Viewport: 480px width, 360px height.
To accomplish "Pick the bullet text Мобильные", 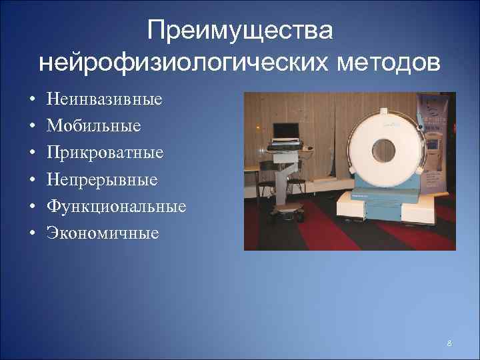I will pyautogui.click(x=94, y=127).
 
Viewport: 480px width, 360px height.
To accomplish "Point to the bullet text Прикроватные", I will pyautogui.click(x=105, y=153).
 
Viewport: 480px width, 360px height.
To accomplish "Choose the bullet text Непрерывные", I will pyautogui.click(x=102, y=180).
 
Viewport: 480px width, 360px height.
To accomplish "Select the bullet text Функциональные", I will pyautogui.click(x=116, y=207).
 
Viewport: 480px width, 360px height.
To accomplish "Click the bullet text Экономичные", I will pyautogui.click(x=103, y=233).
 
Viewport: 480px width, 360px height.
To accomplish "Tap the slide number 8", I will pyautogui.click(x=449, y=343).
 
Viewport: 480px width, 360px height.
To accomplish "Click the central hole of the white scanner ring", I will pyautogui.click(x=385, y=147).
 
